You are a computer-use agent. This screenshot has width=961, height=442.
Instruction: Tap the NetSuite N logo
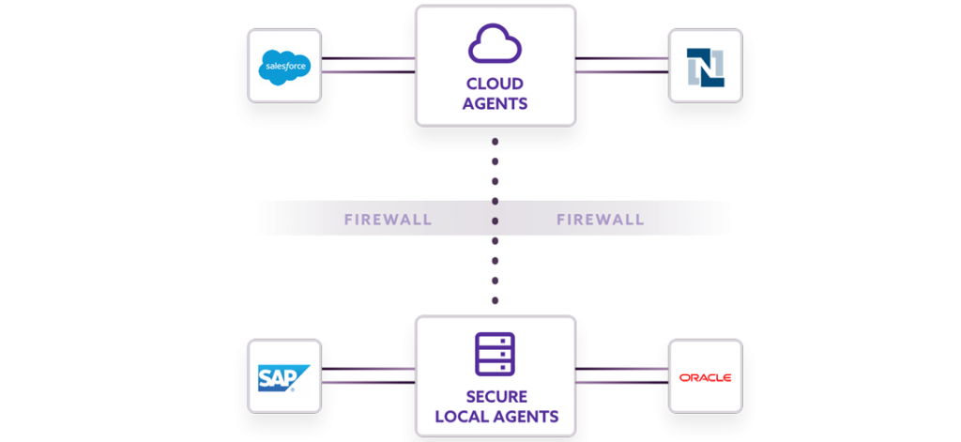tap(705, 66)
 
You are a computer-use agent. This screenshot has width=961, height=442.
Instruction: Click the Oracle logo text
tap(705, 377)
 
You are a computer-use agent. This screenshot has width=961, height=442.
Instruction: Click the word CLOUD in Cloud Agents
tap(495, 84)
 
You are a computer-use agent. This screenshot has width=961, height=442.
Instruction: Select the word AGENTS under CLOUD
tap(495, 104)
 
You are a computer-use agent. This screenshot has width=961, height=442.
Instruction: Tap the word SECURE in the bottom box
tap(495, 396)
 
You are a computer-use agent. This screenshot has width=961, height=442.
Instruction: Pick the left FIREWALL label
tap(388, 221)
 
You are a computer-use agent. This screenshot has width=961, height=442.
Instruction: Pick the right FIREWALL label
tap(601, 221)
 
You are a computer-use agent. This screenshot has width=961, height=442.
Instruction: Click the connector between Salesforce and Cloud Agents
tap(368, 65)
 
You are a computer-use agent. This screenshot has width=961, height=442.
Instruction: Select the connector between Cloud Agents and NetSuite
tap(621, 65)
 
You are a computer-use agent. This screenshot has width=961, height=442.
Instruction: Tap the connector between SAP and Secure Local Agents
tap(368, 375)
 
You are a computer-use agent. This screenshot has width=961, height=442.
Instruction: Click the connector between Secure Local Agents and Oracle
tap(621, 375)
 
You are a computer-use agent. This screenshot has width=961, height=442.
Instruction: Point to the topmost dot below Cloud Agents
tap(496, 142)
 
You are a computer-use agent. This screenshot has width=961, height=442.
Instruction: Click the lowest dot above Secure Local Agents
tap(496, 301)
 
